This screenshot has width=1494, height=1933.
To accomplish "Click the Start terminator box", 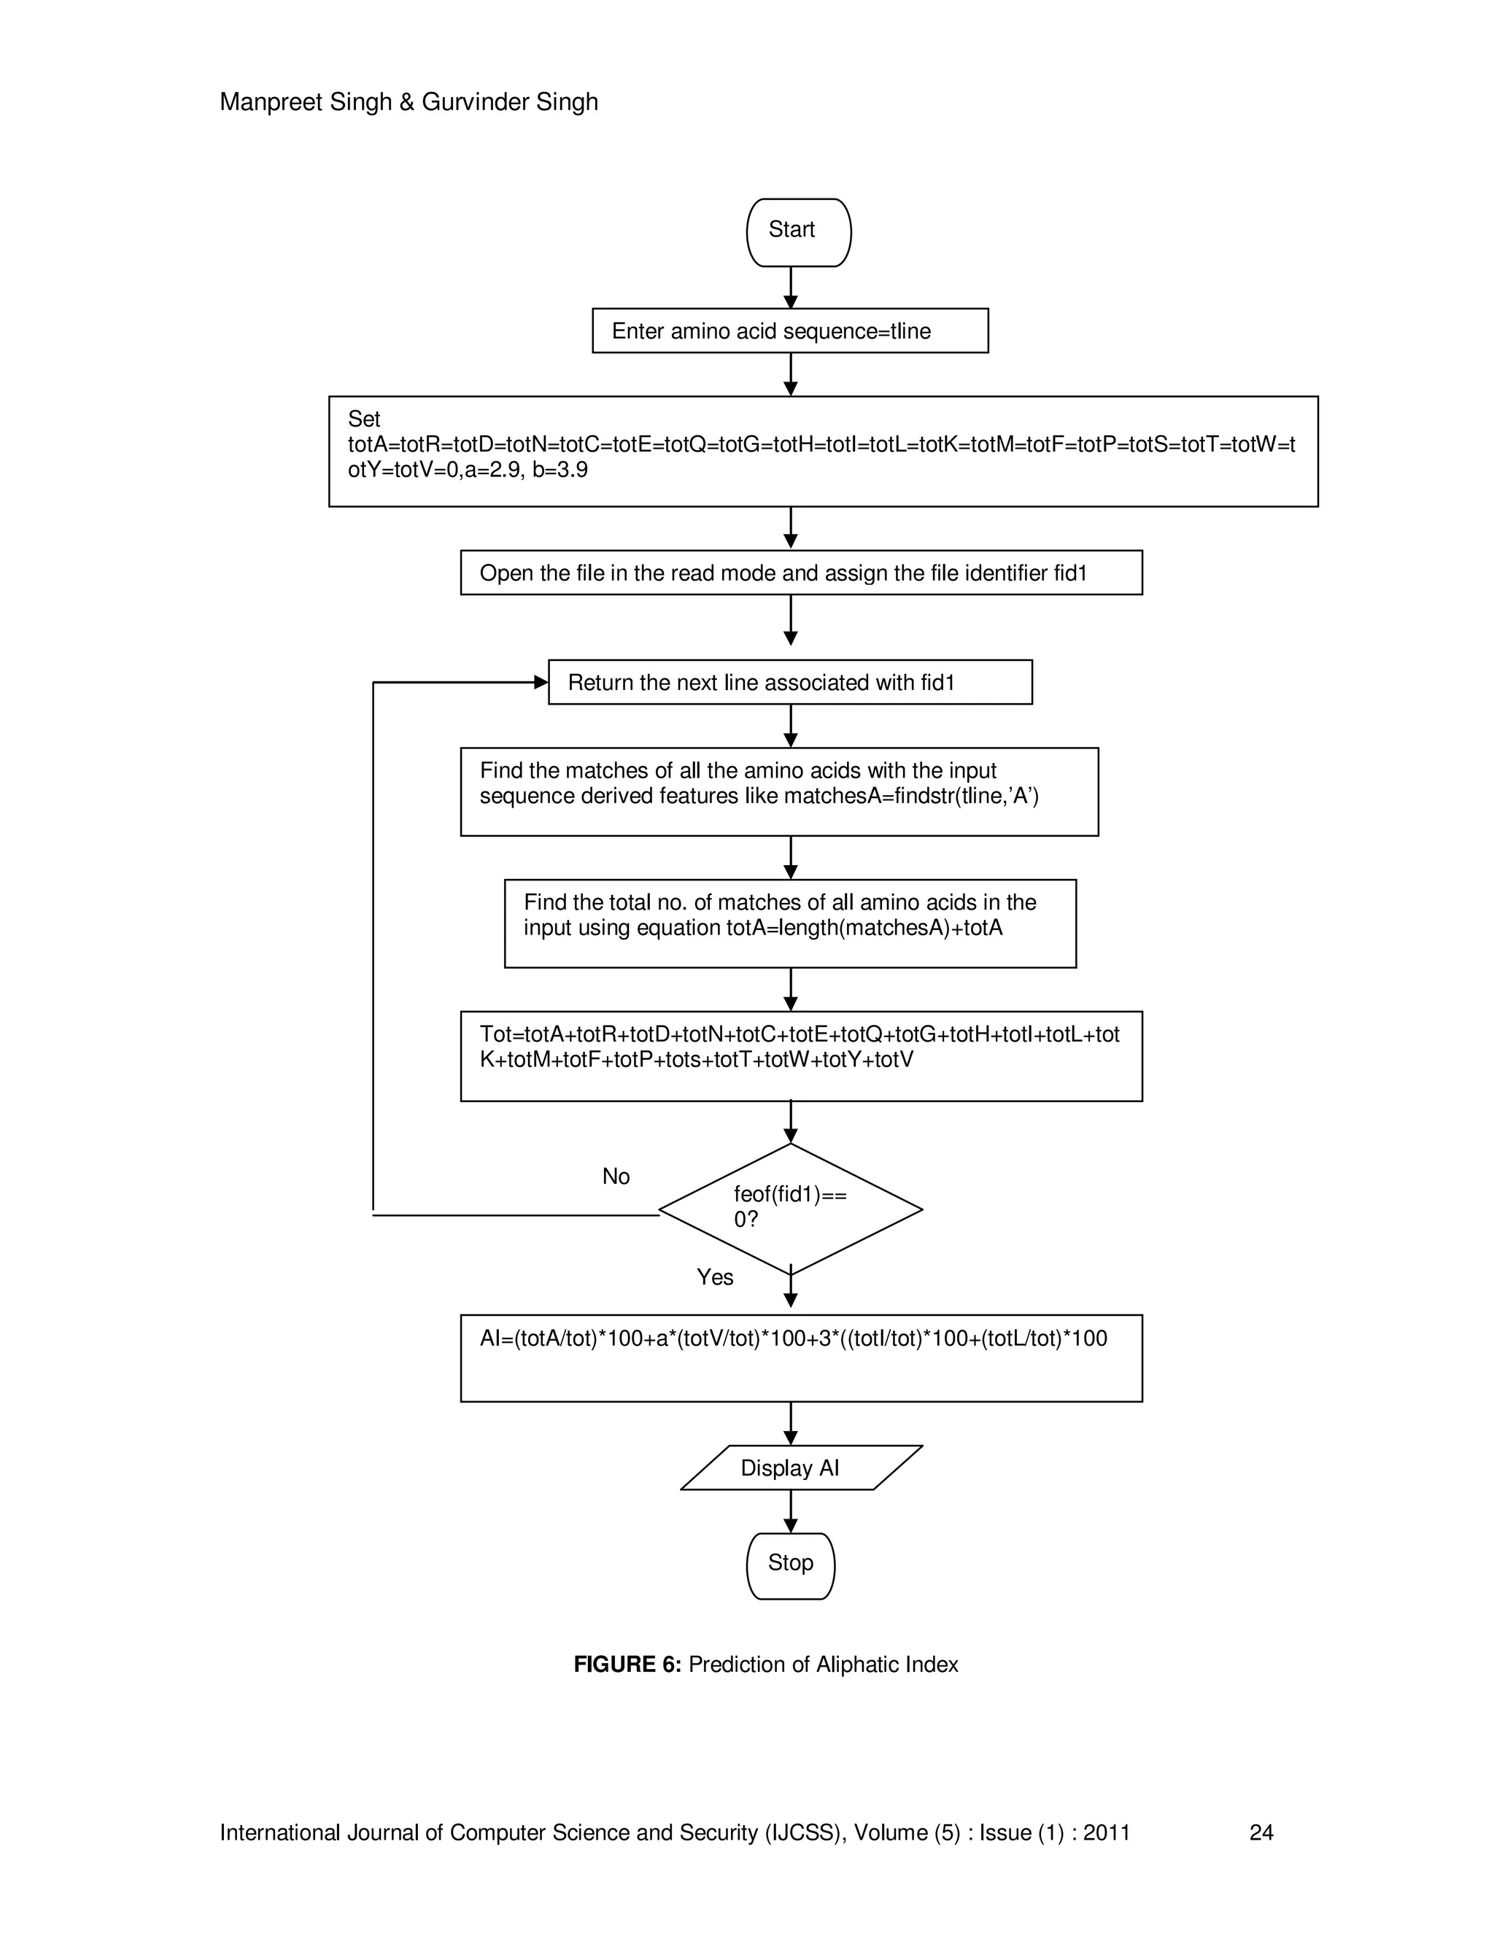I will [x=798, y=232].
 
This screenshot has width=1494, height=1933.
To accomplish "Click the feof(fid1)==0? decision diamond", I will [x=790, y=1209].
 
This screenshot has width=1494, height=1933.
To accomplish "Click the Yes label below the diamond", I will [x=714, y=1277].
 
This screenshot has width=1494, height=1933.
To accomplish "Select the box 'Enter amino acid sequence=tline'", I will [x=789, y=331].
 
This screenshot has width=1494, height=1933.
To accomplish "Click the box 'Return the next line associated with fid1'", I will [x=789, y=683].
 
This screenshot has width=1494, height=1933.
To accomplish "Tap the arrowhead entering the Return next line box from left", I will [x=541, y=683].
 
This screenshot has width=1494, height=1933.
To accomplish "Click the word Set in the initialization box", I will [x=364, y=419].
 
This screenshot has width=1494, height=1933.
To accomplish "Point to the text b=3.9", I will [x=560, y=470].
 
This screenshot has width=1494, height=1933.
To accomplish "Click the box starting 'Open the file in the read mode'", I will [x=800, y=573].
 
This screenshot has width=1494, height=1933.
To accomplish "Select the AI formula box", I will [x=800, y=1357].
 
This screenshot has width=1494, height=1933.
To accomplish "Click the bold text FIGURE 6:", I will [x=627, y=1665].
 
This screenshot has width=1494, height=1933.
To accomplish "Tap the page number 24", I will [x=1261, y=1833].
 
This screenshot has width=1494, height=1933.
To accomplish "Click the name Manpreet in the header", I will [x=270, y=103].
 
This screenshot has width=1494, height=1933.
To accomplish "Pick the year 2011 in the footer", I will [x=1107, y=1833].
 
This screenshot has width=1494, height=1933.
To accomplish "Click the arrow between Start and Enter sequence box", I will [x=790, y=287].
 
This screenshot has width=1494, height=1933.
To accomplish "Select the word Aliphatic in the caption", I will [x=855, y=1665].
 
